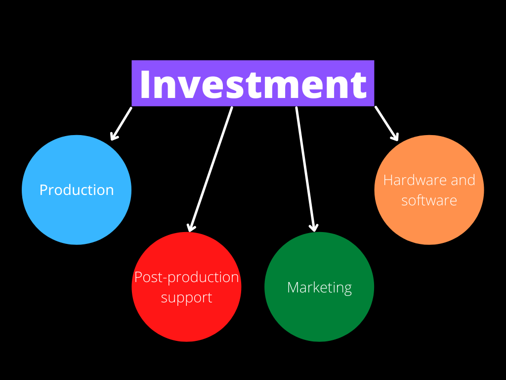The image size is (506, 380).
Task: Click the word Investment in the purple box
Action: pos(253,84)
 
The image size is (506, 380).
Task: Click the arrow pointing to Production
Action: pos(121,124)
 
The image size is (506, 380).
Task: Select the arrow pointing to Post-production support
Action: pos(210,168)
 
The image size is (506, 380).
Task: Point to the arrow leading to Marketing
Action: pos(305,168)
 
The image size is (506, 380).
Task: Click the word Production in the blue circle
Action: pos(77,190)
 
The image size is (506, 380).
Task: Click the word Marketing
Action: pos(319,287)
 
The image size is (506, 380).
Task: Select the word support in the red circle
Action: pos(186,298)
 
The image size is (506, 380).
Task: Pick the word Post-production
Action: pos(186,277)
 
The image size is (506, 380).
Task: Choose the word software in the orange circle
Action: pos(429,200)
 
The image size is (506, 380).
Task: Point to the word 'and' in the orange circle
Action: pos(463,180)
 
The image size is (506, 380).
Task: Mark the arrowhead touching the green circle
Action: pos(313,228)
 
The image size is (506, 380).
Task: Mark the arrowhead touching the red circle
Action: pos(190,228)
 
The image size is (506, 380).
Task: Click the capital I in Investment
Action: pos(144,84)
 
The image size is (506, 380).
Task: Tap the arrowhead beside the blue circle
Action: pos(114,136)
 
